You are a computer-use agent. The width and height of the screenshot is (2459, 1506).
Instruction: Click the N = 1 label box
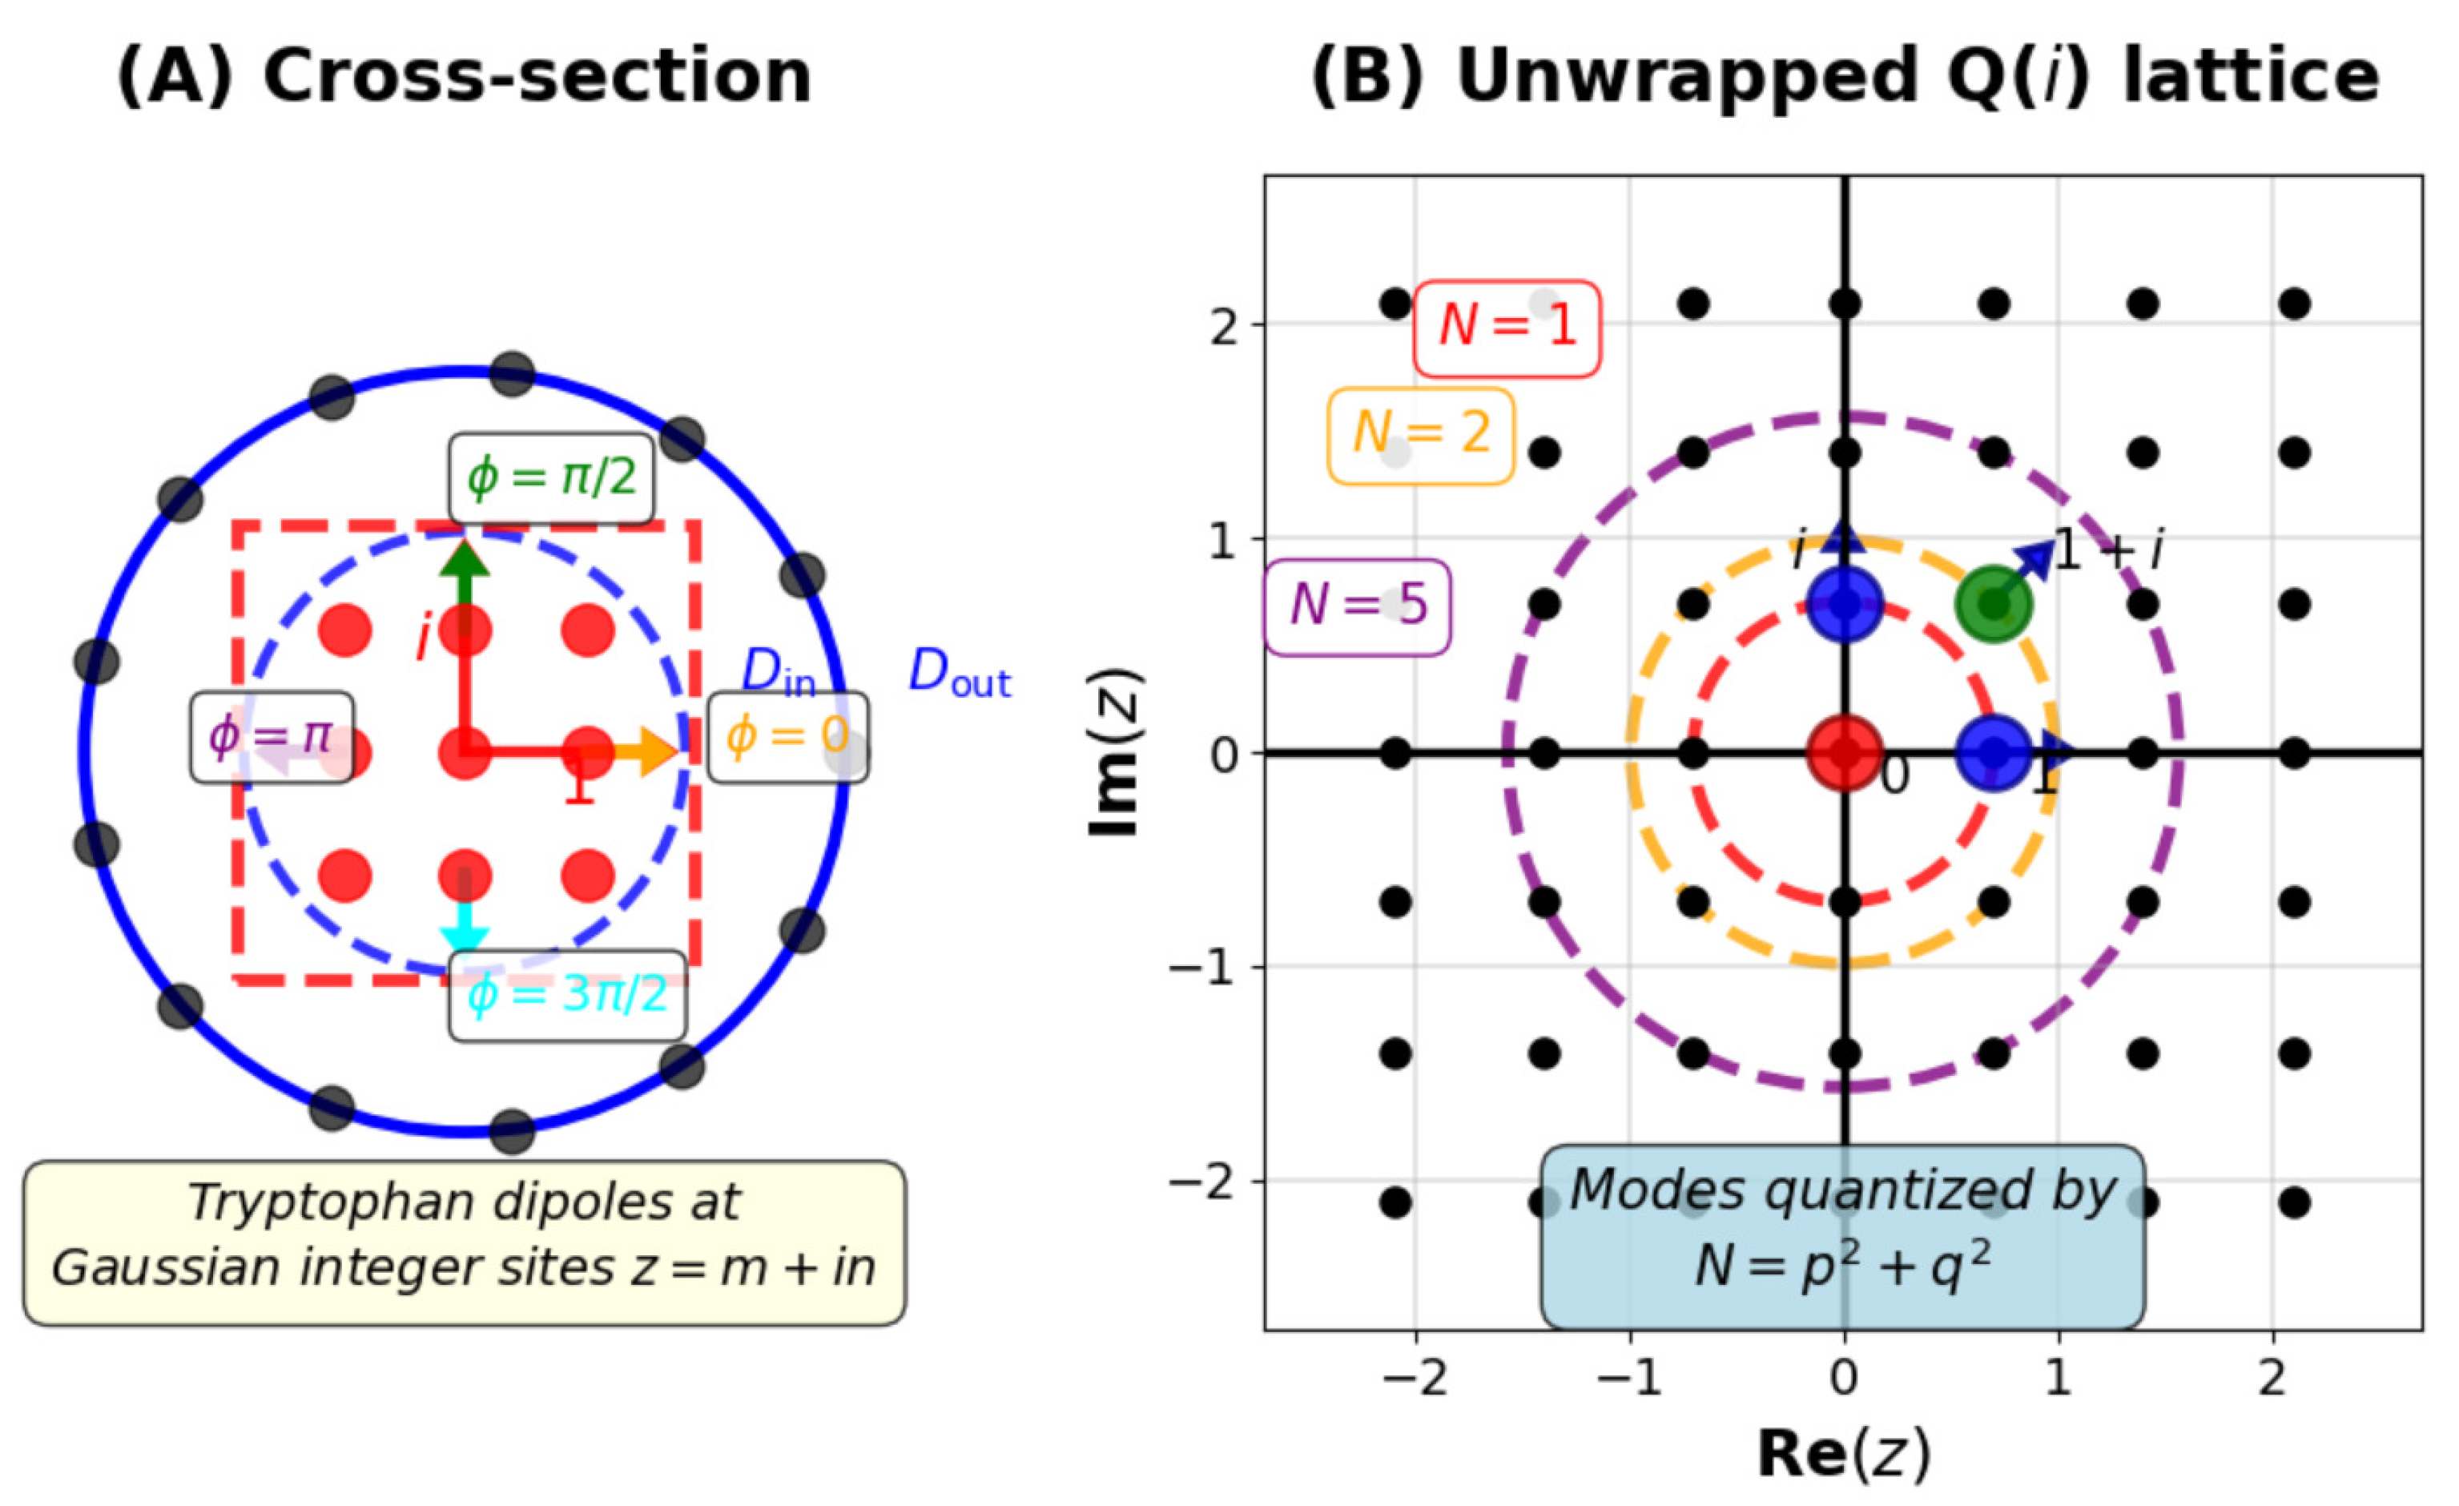coord(1506,328)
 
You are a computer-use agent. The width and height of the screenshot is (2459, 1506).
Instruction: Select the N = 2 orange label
coord(1420,435)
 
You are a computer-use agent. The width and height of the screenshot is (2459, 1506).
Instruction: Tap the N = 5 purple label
coord(1357,606)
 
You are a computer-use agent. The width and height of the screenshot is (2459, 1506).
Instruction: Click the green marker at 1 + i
coord(1993,602)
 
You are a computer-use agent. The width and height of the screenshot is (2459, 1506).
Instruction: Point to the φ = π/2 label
coord(551,478)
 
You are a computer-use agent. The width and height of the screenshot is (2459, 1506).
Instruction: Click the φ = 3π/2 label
coord(567,995)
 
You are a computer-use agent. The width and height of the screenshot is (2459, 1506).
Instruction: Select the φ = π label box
coord(272,736)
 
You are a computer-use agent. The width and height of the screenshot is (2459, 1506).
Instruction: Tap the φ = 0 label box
coord(787,736)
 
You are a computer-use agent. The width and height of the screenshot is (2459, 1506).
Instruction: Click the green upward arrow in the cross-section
coord(465,574)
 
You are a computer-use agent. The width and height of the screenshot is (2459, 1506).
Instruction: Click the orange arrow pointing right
coord(649,751)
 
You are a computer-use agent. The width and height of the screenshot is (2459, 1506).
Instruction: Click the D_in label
coord(779,674)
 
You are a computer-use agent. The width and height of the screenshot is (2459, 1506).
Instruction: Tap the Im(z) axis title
coord(1115,752)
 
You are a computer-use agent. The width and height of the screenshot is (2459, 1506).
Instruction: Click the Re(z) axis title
coord(1843,1453)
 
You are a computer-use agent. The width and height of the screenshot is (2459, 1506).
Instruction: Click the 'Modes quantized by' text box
coord(1842,1237)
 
